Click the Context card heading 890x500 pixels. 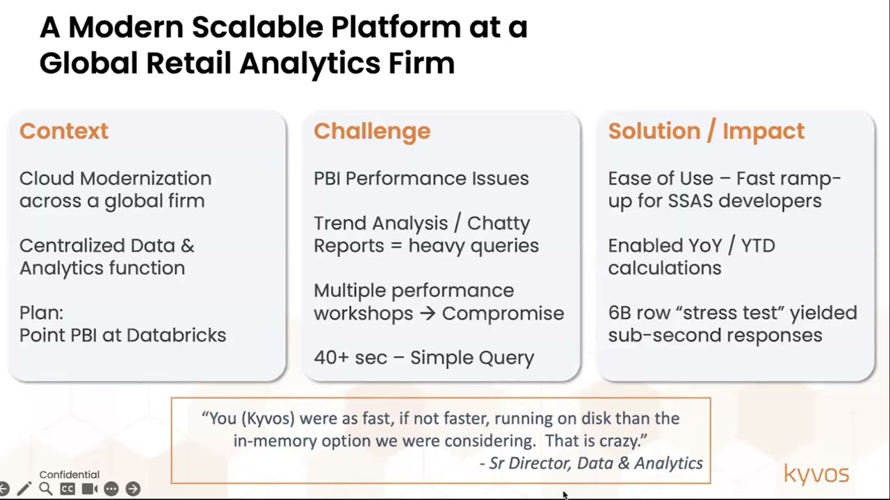tap(63, 131)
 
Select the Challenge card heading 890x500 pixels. tap(372, 131)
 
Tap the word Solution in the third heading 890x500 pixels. tap(654, 131)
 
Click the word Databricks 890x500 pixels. tap(177, 335)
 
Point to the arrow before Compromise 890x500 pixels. tap(428, 313)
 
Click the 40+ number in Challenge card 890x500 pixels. tap(331, 358)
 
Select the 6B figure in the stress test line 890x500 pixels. tap(620, 312)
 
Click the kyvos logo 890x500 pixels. tap(816, 474)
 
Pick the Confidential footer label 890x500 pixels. tap(70, 474)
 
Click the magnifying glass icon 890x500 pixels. tap(46, 489)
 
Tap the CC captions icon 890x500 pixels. tap(67, 489)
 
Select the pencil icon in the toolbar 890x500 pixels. tap(24, 488)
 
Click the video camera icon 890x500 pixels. tap(90, 489)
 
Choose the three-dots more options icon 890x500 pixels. tap(111, 489)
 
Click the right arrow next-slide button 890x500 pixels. tap(133, 489)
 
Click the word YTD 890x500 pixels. tap(758, 246)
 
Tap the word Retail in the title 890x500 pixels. tap(188, 63)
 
